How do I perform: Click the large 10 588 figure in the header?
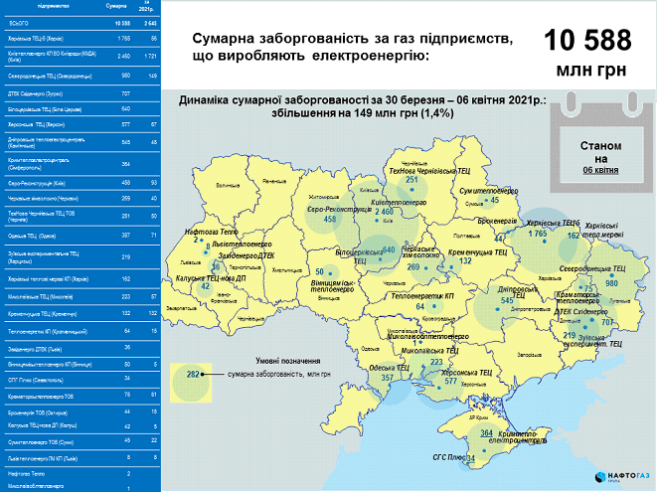[x=587, y=42]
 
